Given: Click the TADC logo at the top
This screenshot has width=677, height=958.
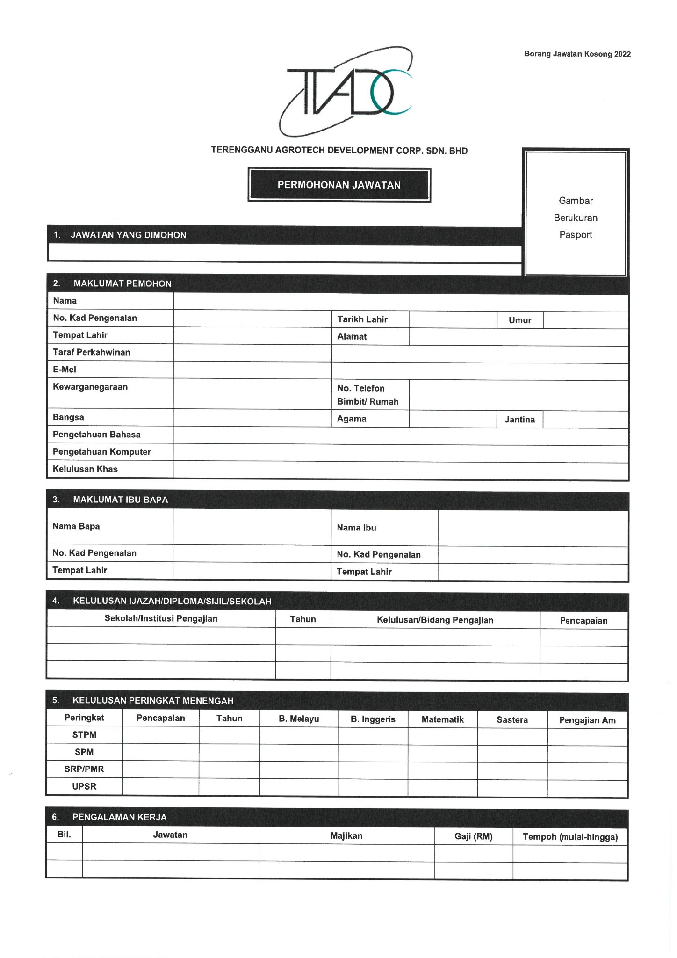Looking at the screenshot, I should coord(346,92).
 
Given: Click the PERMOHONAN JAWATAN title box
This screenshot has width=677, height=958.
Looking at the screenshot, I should coord(339,185).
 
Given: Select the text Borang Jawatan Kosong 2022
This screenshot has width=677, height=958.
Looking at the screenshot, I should coord(577,54).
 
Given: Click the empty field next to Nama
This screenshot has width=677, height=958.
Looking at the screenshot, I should coord(400,302).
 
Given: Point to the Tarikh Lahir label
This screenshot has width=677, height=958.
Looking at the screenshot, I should coord(362,319).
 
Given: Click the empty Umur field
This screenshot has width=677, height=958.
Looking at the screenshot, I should coord(585,320).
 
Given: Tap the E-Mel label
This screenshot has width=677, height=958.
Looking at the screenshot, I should coord(65,370).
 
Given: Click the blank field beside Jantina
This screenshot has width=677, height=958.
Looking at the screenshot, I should coord(585,420).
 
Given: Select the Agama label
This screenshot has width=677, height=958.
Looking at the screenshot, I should coord(352,419).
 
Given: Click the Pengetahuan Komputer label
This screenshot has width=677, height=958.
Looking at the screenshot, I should coord(102,452).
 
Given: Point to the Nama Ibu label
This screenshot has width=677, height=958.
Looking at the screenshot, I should coord(356,528).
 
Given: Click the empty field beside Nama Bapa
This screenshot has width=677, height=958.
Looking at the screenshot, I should coord(252,527).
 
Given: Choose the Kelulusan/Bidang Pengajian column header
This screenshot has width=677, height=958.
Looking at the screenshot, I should coord(435,620).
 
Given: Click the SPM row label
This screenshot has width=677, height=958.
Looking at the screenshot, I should coord(84,752).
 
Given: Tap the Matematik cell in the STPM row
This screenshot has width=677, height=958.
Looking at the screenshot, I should coord(442,736).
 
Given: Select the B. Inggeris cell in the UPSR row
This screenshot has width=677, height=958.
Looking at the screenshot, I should coord(373,787).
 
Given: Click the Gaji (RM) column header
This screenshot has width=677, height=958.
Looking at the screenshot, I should coord(473,836).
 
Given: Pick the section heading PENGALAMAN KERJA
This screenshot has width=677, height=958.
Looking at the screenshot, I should coord(120,817).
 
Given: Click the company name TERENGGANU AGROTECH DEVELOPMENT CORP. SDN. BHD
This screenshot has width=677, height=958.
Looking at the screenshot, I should coord(339,151).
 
